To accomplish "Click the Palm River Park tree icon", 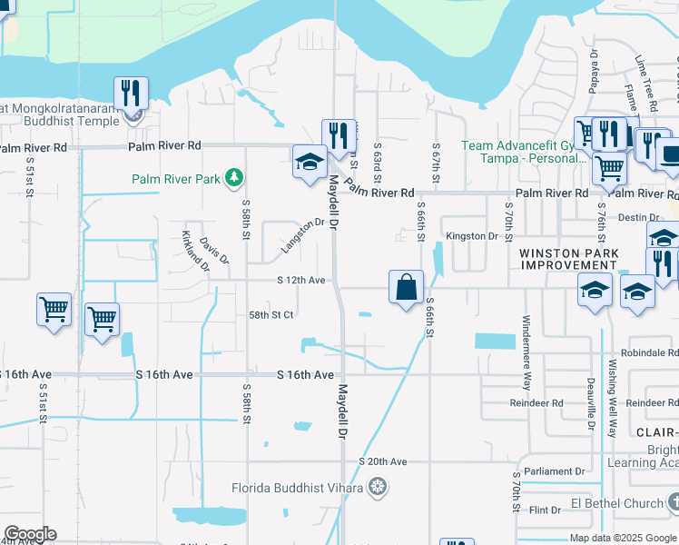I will (x=234, y=178).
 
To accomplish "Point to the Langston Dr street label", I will (x=303, y=235).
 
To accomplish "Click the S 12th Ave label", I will (x=301, y=281).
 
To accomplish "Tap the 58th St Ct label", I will (x=271, y=315).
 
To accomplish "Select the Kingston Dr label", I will (x=473, y=236).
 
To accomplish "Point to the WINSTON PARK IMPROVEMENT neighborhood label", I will (x=568, y=259).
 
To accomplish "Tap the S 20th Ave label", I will (x=384, y=461).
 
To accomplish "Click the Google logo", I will (x=30, y=534).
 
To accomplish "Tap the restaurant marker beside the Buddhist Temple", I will (x=131, y=94).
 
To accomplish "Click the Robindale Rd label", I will (x=649, y=352).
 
